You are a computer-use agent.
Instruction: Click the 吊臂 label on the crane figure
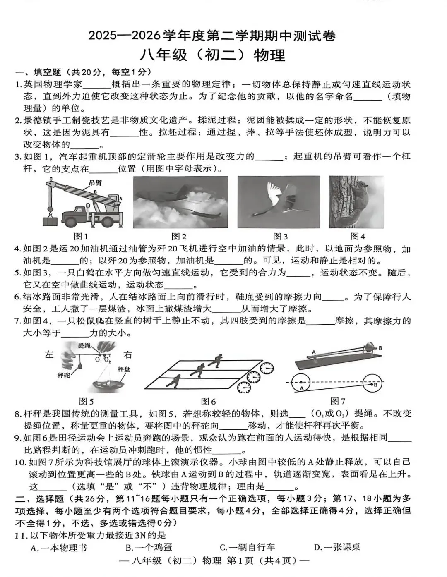click(95, 183)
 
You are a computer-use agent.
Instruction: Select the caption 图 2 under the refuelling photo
click(179, 236)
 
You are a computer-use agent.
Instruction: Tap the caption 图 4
click(358, 236)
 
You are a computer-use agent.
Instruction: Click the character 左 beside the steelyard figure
click(49, 354)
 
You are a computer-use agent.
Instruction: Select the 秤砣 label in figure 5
click(64, 375)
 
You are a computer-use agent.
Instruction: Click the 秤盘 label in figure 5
click(124, 369)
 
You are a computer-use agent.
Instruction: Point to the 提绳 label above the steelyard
click(84, 345)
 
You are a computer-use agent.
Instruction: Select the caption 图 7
click(338, 401)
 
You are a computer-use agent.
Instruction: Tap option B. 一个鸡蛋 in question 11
click(149, 547)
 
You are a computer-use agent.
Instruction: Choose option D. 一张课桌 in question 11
click(337, 547)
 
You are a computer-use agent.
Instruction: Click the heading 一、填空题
click(38, 72)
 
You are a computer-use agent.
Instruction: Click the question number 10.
click(20, 462)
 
